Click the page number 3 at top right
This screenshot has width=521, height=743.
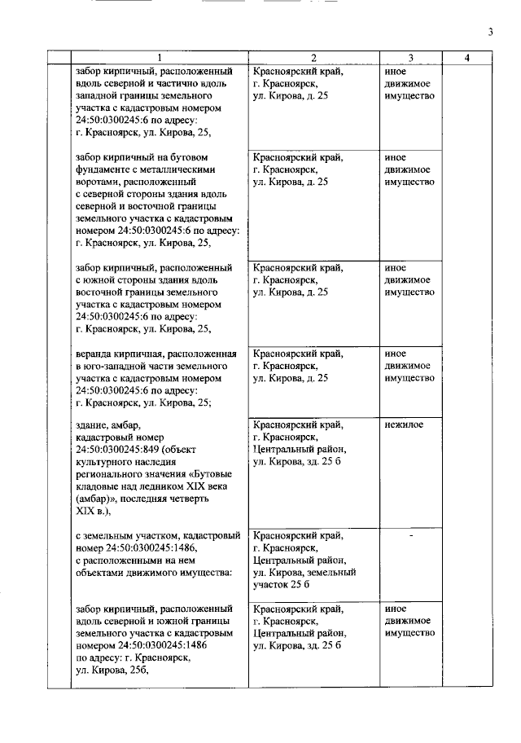point(490,32)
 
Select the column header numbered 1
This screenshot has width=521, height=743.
point(160,58)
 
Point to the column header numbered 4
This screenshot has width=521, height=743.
point(466,58)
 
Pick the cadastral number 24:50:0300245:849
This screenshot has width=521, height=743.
point(119,449)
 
